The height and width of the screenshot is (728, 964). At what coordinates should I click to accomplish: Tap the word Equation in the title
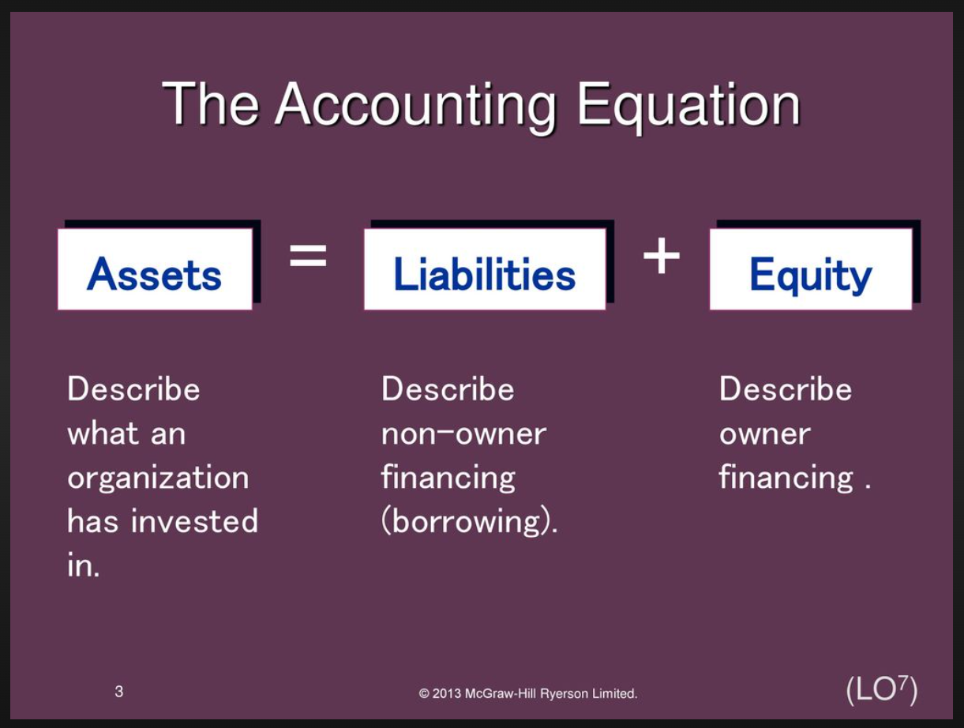[689, 107]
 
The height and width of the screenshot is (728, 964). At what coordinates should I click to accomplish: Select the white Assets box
[155, 269]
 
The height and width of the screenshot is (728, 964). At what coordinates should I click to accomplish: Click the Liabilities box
[485, 269]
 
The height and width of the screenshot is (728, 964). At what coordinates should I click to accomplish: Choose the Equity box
[811, 269]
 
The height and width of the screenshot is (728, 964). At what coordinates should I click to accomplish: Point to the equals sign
[308, 255]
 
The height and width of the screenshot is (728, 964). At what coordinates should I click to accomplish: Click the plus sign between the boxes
[662, 255]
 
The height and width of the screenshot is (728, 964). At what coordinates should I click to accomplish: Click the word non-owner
[463, 434]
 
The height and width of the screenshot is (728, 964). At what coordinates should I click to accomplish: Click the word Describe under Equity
[786, 389]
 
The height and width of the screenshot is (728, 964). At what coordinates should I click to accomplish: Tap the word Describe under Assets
[133, 389]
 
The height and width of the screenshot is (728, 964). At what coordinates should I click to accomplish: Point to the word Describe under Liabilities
[448, 389]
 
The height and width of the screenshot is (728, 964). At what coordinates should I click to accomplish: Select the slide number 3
[118, 692]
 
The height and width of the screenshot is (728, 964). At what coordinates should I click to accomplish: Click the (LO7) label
[882, 690]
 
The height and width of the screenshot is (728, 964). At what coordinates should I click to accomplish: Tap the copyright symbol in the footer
[424, 694]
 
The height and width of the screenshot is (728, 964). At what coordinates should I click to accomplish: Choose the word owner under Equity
[764, 434]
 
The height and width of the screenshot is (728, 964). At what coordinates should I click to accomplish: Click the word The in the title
[211, 104]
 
